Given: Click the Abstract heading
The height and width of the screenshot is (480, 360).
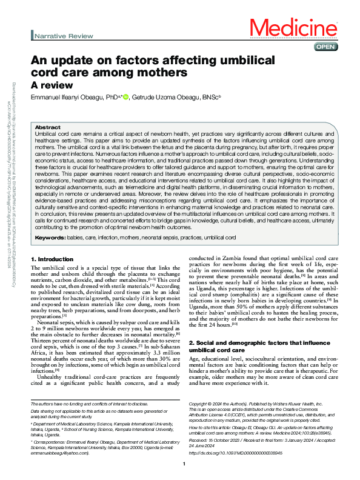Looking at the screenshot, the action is tap(48, 127).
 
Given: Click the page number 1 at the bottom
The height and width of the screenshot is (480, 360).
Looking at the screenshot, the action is tap(183, 464).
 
